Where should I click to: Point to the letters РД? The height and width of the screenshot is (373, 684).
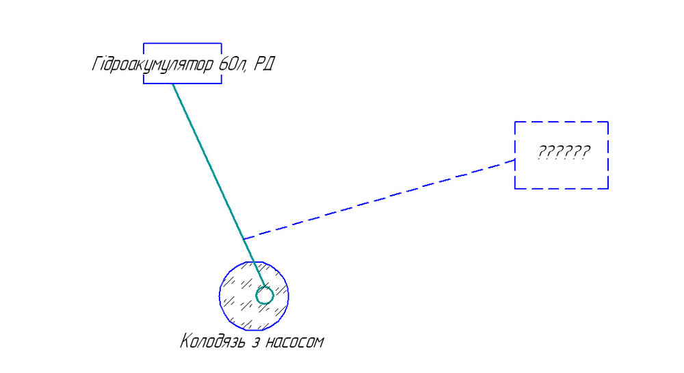[264, 64]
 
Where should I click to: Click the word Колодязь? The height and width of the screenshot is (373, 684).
[213, 341]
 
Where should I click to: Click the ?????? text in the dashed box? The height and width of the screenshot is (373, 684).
[564, 152]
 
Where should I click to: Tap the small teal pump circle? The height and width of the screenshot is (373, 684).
[264, 296]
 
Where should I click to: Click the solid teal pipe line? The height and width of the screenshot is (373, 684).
[219, 185]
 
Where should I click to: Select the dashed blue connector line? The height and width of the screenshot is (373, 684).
[379, 199]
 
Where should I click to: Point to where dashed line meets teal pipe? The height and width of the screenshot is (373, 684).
[244, 239]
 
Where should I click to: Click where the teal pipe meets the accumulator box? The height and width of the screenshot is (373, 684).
[172, 83]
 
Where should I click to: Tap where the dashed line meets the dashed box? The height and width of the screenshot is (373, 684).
[515, 160]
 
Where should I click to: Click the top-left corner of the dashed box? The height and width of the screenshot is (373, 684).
[515, 122]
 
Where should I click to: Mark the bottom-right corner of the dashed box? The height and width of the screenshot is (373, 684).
[608, 189]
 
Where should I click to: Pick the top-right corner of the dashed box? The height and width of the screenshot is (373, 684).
[608, 122]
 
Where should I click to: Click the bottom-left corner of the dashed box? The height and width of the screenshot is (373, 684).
[515, 189]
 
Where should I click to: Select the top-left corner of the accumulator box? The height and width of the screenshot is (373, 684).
[144, 43]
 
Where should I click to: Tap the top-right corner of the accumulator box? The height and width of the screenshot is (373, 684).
[222, 43]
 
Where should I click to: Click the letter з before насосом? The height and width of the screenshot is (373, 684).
[256, 342]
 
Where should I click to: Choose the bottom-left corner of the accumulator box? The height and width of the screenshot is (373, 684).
[144, 83]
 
